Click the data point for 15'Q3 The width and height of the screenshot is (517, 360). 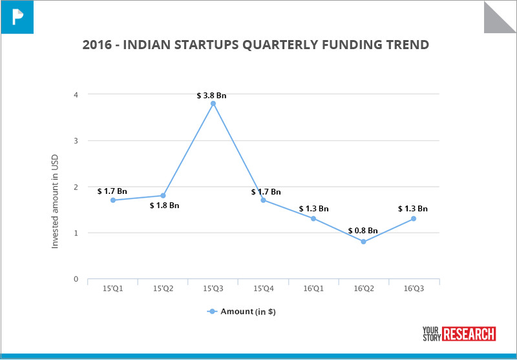pos(213,103)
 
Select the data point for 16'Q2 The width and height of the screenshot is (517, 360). pos(363,242)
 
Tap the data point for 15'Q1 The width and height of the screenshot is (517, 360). pos(113,200)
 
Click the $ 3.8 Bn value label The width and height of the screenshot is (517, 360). pos(212,96)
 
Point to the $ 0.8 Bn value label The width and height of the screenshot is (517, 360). pos(363,231)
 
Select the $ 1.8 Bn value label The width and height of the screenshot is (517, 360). pos(164,206)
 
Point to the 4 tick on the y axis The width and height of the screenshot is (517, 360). pos(76,94)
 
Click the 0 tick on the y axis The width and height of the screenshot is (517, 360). pos(76,279)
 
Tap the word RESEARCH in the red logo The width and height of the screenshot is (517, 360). pos(469,334)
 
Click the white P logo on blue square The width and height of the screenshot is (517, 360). pos(16,16)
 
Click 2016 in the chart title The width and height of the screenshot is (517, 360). pos(97,45)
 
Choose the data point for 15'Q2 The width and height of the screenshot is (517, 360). pos(163,195)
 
